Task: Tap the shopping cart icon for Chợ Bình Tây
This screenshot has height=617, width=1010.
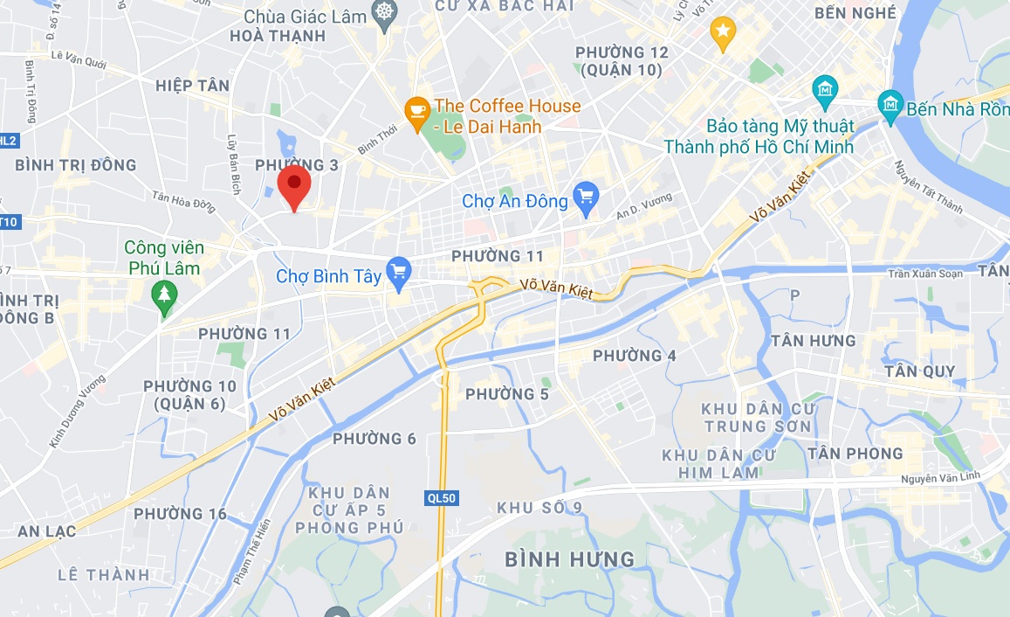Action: pos(399,274)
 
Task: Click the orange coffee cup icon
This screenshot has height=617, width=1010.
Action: pos(416,110)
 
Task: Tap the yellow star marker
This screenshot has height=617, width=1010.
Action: pos(723,32)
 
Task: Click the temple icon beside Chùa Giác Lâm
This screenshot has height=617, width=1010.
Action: pos(383,15)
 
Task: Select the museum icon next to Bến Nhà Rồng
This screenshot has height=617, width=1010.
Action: pos(890,107)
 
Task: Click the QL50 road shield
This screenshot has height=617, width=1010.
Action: pos(441,497)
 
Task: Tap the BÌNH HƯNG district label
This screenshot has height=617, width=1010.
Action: pos(569,558)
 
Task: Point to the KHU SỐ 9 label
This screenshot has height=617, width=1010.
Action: pos(539,508)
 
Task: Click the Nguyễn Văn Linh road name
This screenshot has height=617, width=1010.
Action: pos(940,478)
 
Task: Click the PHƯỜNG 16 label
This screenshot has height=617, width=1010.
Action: pos(180,513)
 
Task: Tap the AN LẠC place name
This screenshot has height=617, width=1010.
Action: pos(46,530)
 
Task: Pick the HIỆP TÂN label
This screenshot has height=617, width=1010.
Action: pos(192,85)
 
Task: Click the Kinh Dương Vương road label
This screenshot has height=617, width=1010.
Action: pos(77,412)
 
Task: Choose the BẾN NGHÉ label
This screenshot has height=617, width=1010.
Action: pos(855,13)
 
